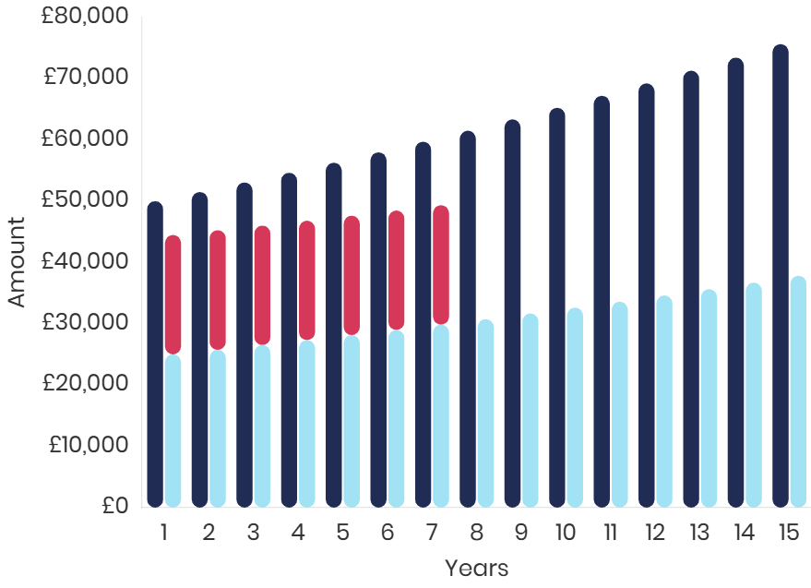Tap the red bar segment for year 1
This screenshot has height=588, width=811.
click(x=173, y=294)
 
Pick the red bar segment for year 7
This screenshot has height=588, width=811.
click(x=441, y=264)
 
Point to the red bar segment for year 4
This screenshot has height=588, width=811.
click(x=307, y=280)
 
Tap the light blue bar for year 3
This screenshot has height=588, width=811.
click(x=262, y=426)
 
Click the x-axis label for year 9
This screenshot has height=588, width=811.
click(x=521, y=533)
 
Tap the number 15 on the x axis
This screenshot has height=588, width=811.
click(x=788, y=533)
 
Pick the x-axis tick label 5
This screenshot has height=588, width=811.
click(x=342, y=533)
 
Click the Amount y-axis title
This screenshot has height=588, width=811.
click(x=17, y=262)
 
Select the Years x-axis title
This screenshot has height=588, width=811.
click(x=475, y=568)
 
